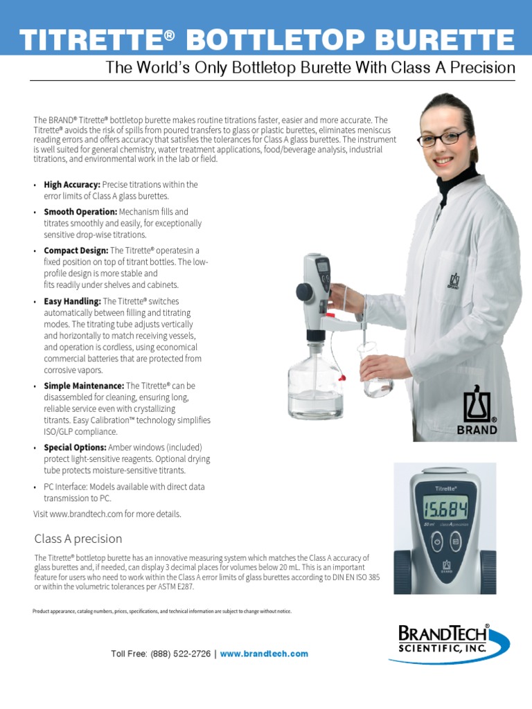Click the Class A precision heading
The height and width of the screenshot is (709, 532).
(78, 539)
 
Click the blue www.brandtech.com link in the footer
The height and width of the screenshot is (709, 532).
(264, 654)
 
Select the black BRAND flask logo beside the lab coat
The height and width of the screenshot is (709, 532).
(477, 413)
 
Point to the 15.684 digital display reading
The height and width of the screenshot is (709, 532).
(445, 511)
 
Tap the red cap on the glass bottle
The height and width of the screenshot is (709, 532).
(341, 378)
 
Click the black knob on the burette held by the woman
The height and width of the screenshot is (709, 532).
(304, 291)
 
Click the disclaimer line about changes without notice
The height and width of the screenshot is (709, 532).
(162, 611)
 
